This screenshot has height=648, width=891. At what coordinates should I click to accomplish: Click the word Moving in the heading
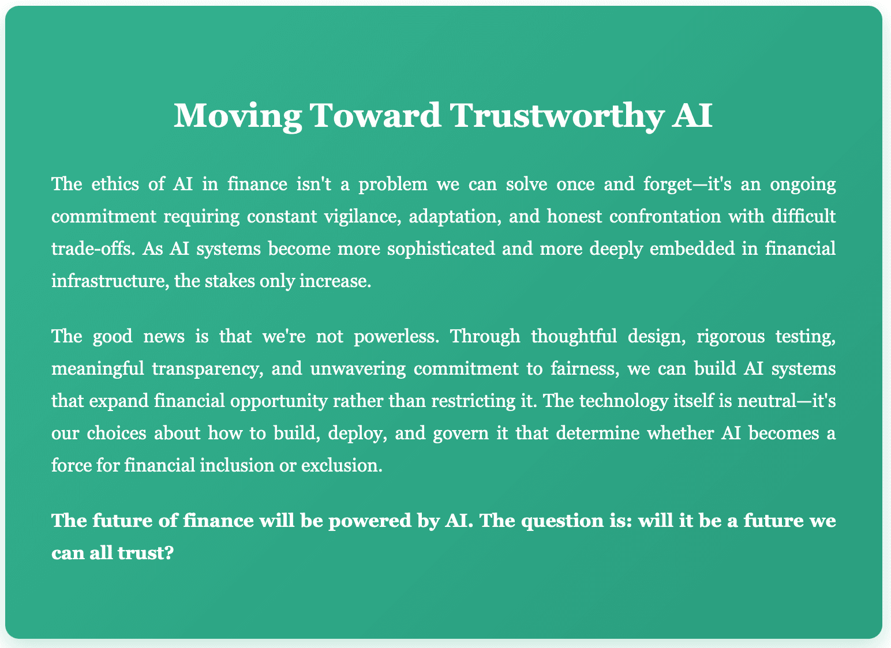238,116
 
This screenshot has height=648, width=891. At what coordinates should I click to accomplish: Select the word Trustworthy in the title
557,116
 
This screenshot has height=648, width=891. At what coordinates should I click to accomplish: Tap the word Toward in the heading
375,116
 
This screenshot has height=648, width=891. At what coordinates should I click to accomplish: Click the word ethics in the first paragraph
115,184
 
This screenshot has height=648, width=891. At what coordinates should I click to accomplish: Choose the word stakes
230,281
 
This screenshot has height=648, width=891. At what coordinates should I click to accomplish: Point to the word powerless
396,337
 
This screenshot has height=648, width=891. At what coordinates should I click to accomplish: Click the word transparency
208,369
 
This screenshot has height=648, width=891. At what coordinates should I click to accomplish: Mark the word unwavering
358,369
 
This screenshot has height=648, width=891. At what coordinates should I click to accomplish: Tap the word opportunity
278,401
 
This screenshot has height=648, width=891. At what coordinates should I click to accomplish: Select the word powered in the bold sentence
369,521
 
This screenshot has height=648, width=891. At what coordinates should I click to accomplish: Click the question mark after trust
169,553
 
